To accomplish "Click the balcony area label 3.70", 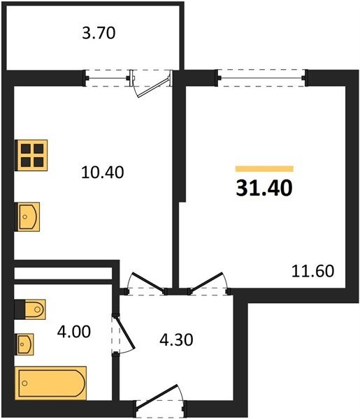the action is (99, 34).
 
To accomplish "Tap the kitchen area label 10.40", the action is (103, 172).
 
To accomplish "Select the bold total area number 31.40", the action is (264, 188).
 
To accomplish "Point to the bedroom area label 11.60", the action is (312, 271).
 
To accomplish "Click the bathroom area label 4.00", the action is (74, 332).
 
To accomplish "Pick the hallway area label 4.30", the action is (176, 340).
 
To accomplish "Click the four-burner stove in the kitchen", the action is (31, 155).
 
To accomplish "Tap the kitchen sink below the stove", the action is (28, 216).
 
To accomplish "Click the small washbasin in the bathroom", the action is (24, 344).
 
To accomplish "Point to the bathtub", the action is (51, 383).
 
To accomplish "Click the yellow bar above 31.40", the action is (264, 168).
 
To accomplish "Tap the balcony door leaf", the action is (153, 87).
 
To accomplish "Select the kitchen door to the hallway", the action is (147, 282).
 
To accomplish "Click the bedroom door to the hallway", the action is (207, 282).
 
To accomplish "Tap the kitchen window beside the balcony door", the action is (108, 78).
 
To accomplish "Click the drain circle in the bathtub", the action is (25, 383).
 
